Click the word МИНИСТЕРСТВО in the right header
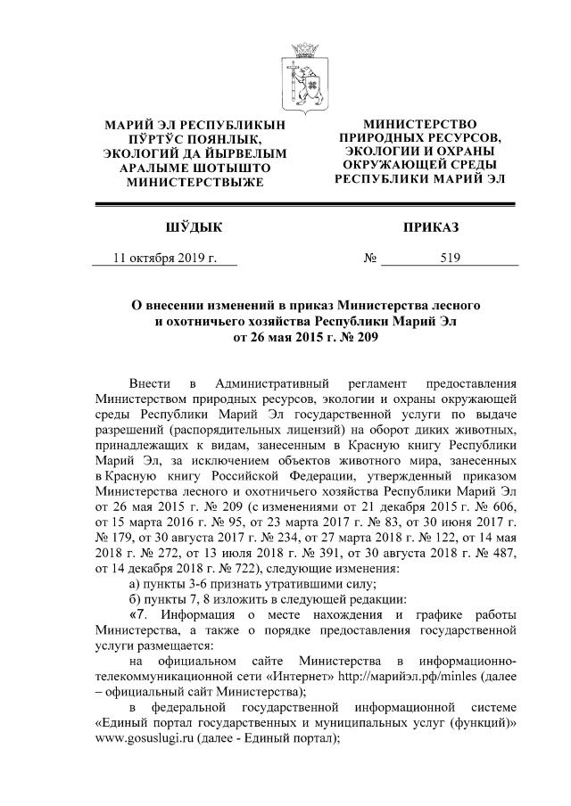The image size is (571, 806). pos(418,123)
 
